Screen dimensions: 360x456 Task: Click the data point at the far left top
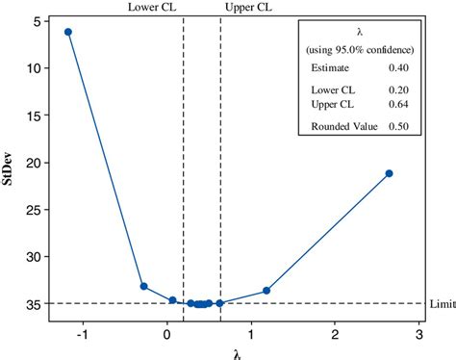[x=68, y=32]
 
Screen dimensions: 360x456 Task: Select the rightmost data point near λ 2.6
[x=389, y=173]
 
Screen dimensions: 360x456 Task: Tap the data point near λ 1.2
[x=266, y=291]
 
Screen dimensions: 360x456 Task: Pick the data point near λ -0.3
[x=143, y=286]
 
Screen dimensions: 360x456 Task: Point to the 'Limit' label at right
[x=443, y=304]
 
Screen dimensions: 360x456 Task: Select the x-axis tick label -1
[x=81, y=334]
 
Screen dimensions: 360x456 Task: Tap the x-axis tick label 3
[x=419, y=334]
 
